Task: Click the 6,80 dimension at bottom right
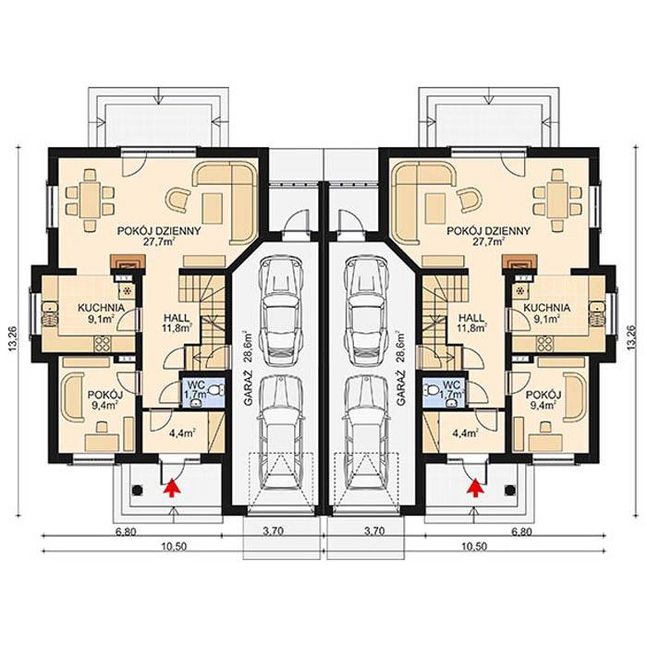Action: coord(522,532)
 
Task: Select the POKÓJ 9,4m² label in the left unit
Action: coord(101,398)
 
